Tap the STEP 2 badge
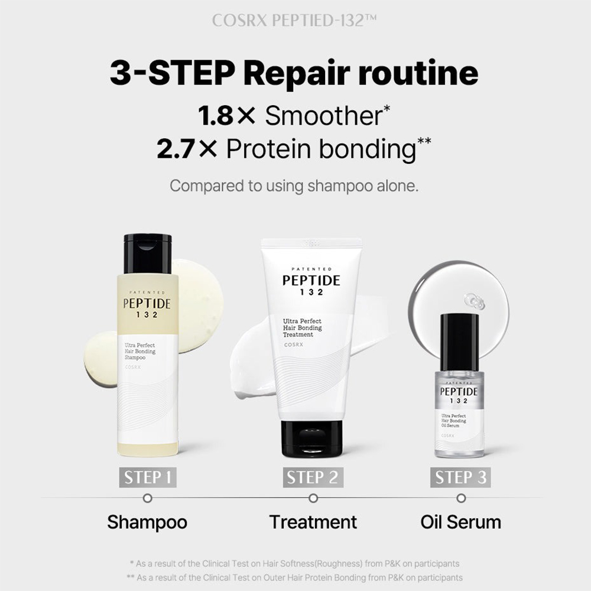313,477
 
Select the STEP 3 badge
461,477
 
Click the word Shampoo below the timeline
147,522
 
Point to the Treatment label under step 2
313,522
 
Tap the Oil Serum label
460,522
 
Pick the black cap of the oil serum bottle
460,338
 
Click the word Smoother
323,116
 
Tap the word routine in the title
410,74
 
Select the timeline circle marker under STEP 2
313,498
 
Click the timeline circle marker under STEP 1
148,498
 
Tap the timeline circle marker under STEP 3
461,498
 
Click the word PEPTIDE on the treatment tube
311,280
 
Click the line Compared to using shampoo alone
294,186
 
